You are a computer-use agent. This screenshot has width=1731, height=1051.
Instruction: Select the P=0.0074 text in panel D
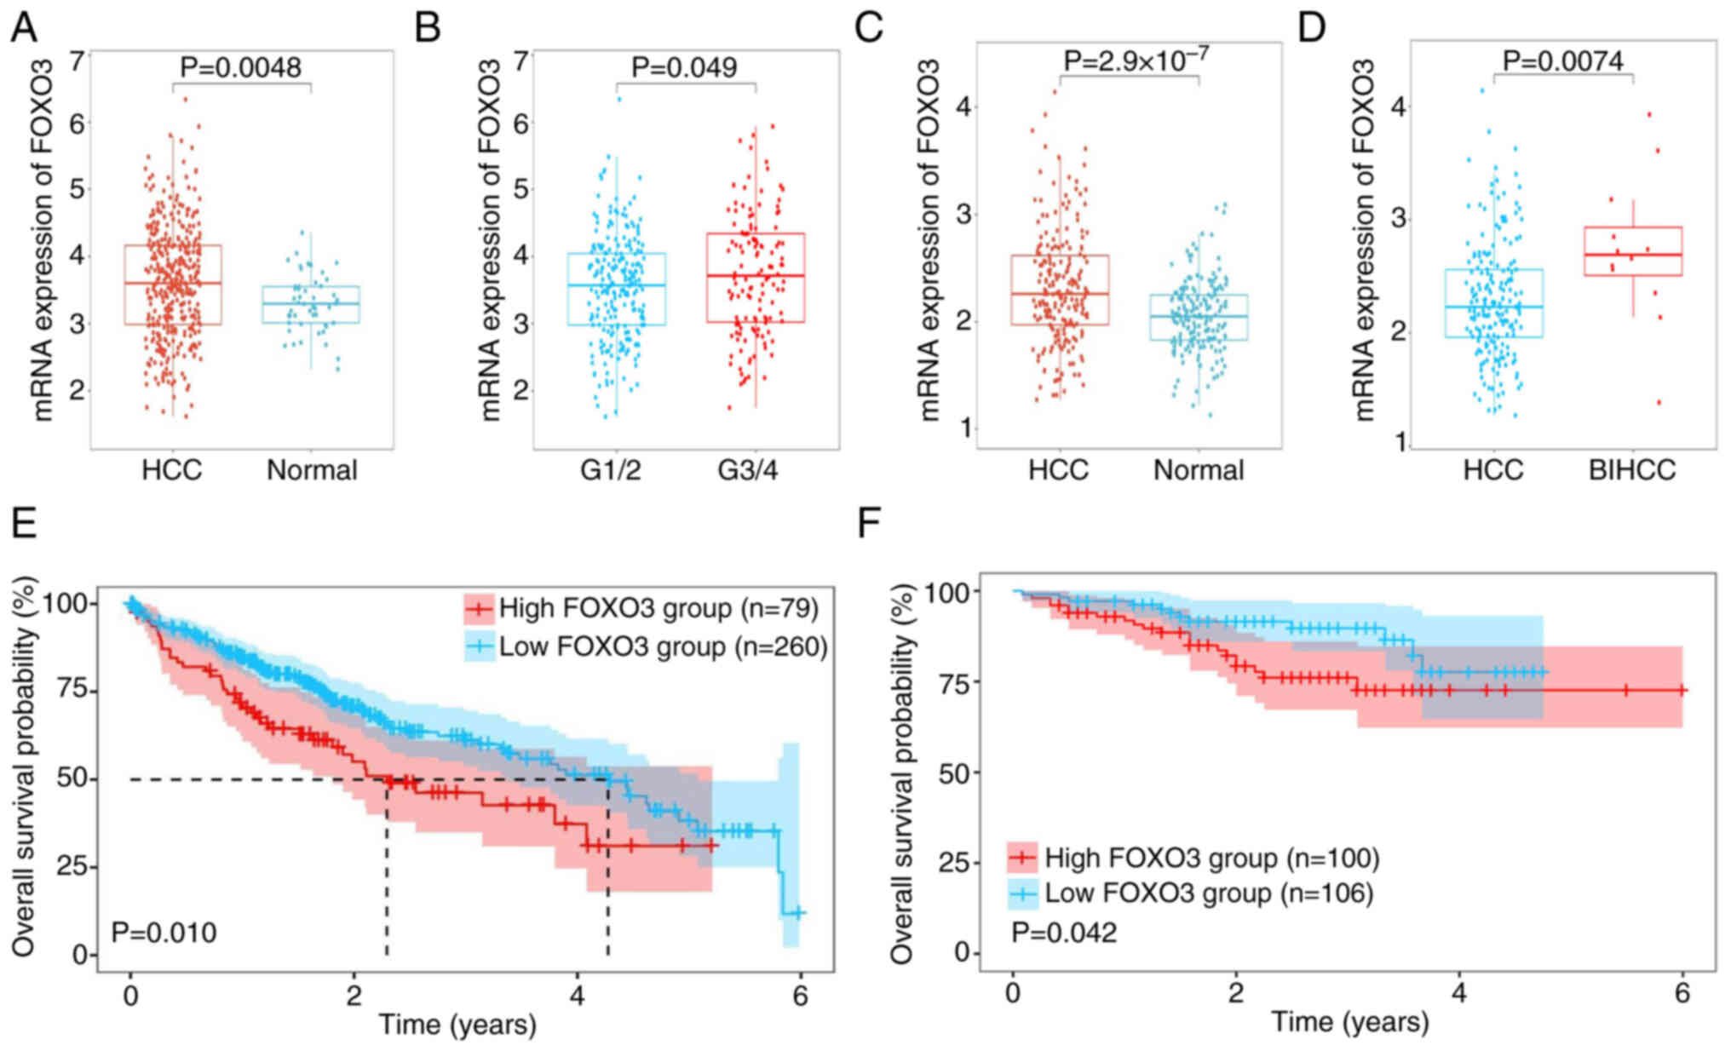point(1562,60)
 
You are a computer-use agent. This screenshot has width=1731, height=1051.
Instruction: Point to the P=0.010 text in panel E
point(164,932)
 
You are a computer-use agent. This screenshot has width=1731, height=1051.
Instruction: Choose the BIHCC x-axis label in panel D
point(1632,469)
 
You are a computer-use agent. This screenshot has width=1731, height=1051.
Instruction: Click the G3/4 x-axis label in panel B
point(747,469)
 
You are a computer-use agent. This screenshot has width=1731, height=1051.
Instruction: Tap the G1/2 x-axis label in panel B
point(610,469)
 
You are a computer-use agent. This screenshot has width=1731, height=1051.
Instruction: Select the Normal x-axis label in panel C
point(1199,469)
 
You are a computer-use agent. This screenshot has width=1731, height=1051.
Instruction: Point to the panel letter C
point(869,28)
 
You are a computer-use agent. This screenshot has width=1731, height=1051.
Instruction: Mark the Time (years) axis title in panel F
point(1349,1022)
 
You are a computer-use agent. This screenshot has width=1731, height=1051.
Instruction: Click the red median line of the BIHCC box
point(1632,255)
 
